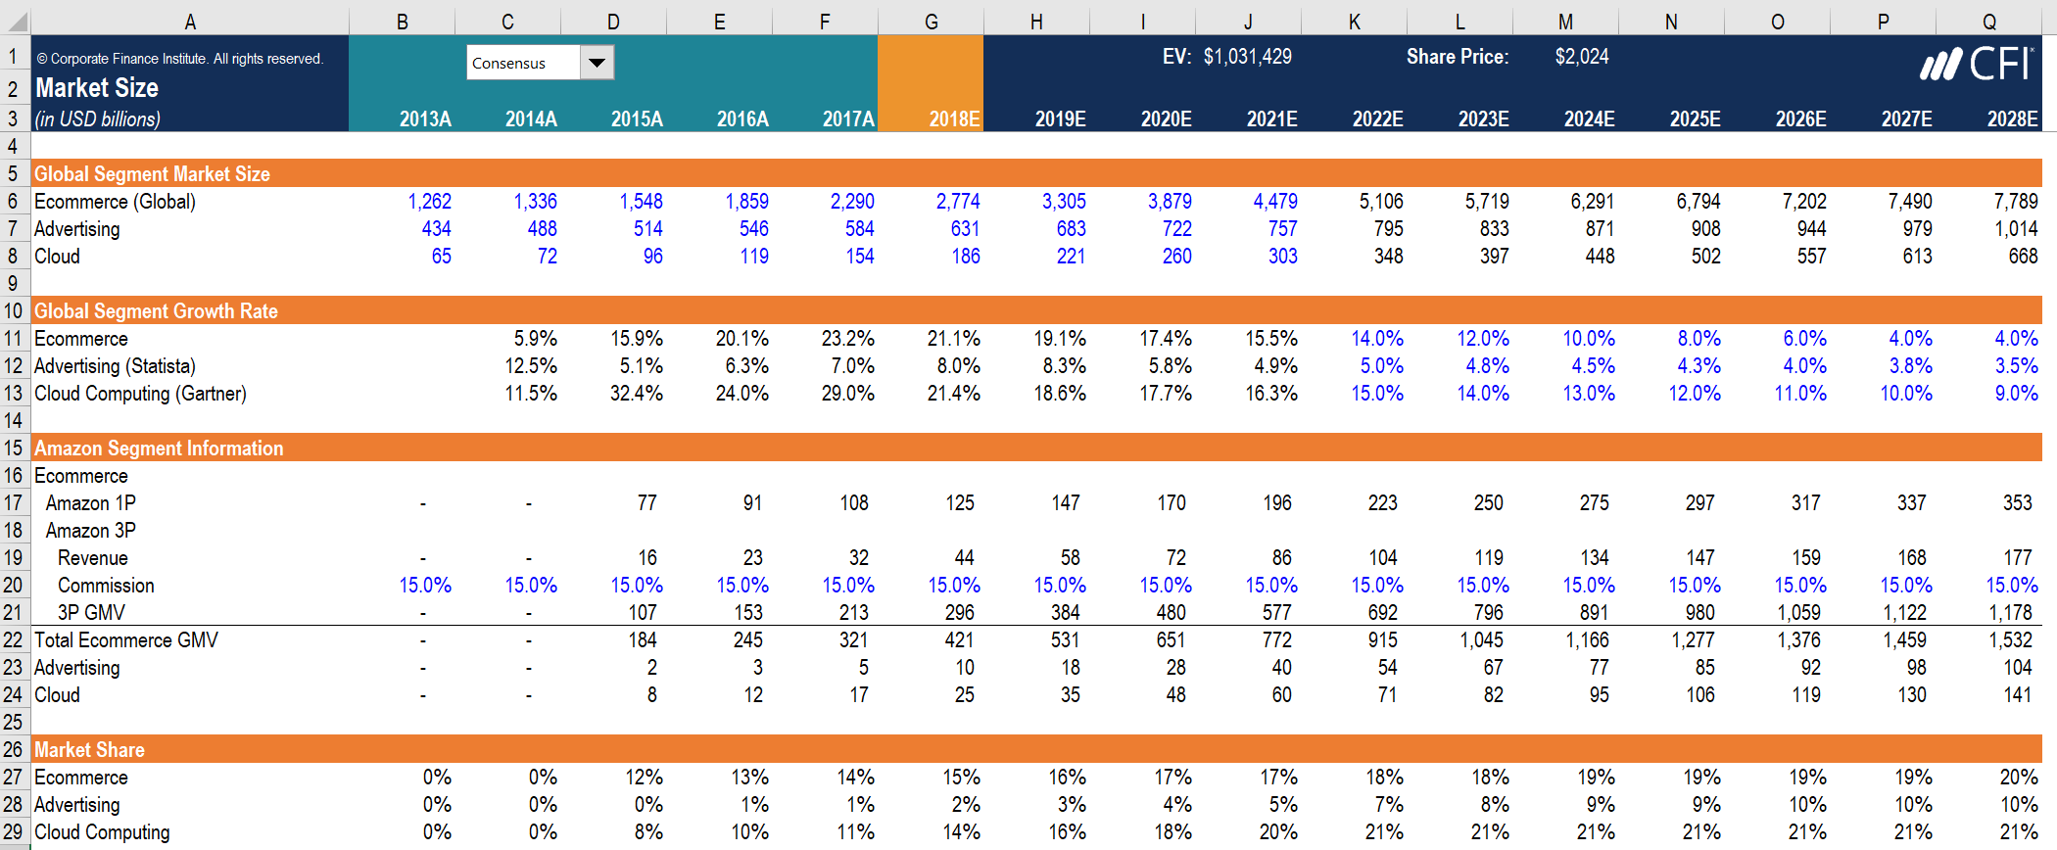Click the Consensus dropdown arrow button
(597, 63)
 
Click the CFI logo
(1977, 65)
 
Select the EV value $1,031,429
(1247, 57)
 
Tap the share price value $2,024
(1581, 57)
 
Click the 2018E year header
(953, 119)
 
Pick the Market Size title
(97, 88)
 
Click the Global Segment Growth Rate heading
(156, 311)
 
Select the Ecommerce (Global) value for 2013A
(429, 202)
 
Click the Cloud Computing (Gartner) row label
(140, 394)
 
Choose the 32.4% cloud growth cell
(637, 394)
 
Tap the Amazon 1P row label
(90, 503)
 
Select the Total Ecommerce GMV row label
(126, 640)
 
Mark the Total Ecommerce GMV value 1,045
(1488, 640)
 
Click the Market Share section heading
(89, 750)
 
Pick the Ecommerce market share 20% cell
(2018, 778)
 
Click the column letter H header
(1036, 22)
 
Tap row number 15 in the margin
(13, 449)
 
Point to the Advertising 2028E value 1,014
(2016, 229)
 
